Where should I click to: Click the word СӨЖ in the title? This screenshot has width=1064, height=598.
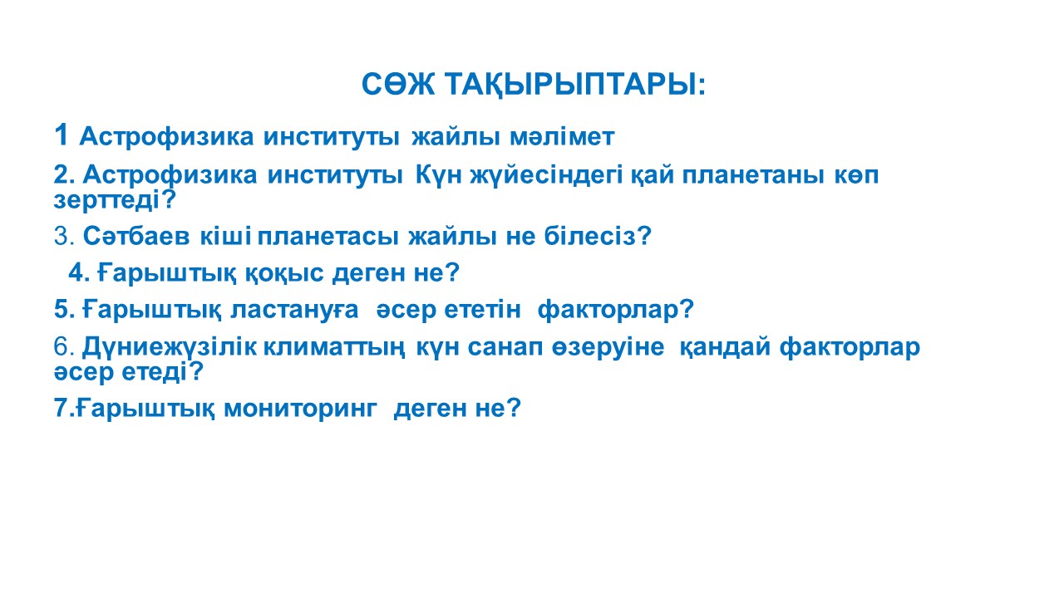(398, 85)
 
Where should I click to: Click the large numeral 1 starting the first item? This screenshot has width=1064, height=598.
(61, 135)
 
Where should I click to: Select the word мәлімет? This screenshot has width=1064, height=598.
(562, 137)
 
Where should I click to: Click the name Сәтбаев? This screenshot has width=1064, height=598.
(137, 235)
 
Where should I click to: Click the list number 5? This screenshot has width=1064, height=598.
(62, 310)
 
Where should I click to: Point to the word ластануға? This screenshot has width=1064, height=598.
(294, 310)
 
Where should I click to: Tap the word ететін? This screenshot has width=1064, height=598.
(483, 310)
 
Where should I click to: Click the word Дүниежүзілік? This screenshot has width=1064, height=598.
(170, 347)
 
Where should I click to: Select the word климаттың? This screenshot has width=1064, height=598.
(334, 347)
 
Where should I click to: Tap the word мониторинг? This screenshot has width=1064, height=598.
(300, 409)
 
